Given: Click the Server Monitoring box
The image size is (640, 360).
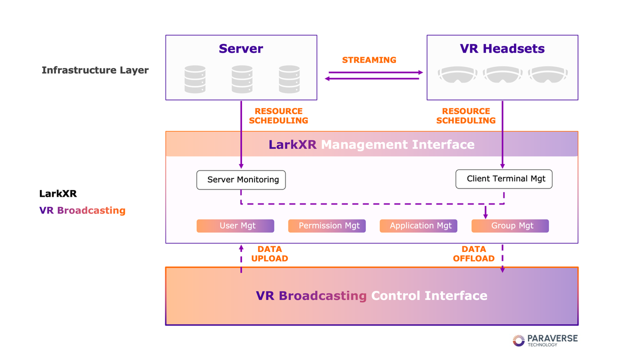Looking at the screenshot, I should [x=241, y=180].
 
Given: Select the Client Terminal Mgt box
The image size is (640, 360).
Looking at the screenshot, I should [x=504, y=179].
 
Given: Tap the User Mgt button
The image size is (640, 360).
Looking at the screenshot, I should [x=235, y=226].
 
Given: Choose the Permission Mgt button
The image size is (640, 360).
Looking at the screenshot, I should [x=327, y=226].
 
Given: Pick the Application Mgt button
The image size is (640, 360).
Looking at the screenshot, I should [x=418, y=226].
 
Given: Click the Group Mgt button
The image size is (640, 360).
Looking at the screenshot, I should [x=510, y=226].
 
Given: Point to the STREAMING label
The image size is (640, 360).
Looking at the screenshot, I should [x=369, y=60].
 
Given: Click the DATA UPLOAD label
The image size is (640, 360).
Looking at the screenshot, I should [x=269, y=254].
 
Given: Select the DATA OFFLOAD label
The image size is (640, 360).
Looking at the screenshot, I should [x=473, y=254].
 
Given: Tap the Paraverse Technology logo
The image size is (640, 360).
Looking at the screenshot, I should [x=545, y=340].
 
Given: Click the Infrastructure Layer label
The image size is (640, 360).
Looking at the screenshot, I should [x=95, y=70].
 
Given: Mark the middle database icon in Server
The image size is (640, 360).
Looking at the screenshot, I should [x=242, y=79].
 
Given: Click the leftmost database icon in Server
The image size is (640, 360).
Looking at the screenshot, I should [x=195, y=79].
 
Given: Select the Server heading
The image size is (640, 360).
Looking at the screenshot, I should [x=241, y=49].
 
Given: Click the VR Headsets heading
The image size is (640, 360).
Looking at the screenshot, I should [x=502, y=49].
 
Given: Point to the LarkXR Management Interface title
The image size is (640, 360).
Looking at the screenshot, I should [x=371, y=145].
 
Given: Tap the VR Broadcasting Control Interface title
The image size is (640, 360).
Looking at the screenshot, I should [x=371, y=295].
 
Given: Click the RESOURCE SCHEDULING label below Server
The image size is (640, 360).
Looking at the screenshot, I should [x=278, y=116].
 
